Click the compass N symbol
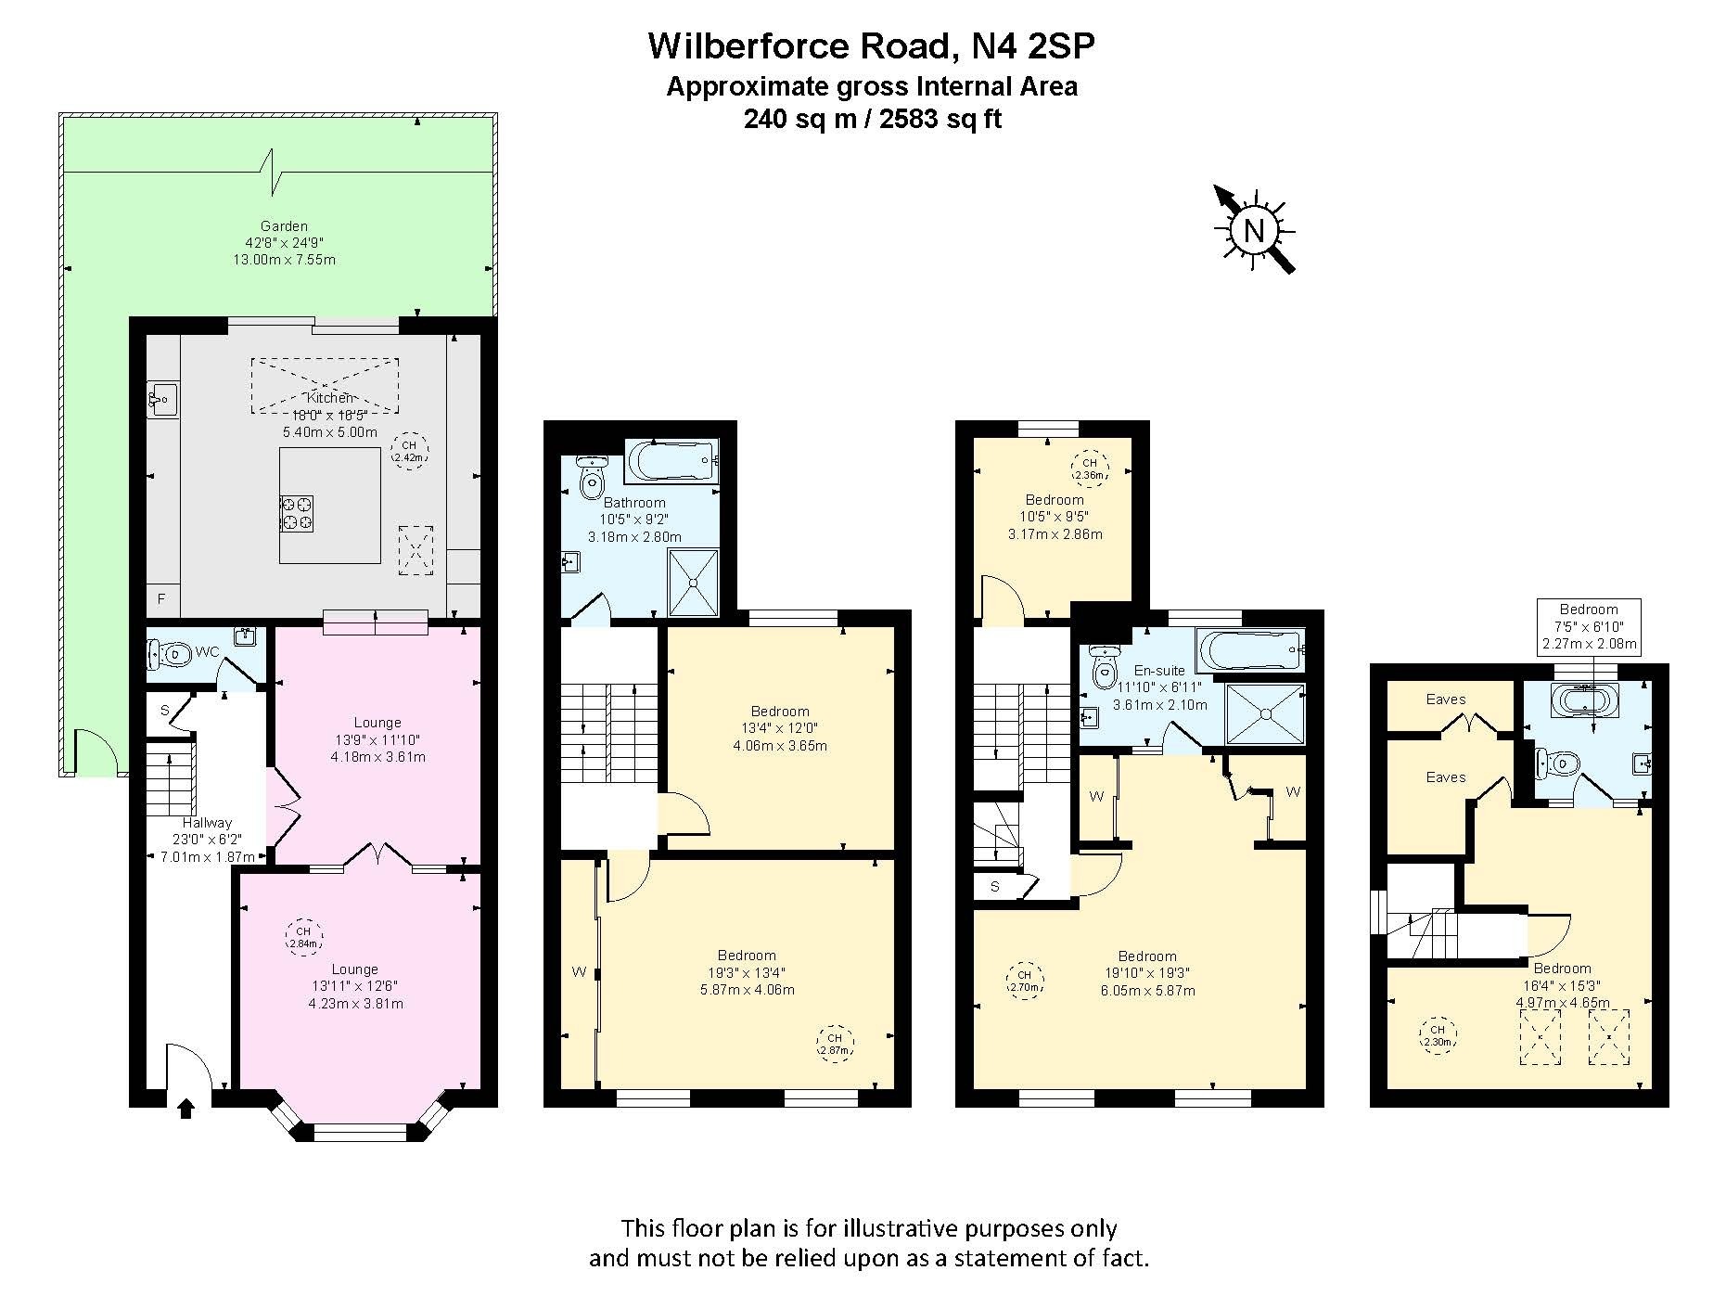1254,230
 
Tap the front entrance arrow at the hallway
185,1108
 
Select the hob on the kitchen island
297,513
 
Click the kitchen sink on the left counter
162,401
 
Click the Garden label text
284,225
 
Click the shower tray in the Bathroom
694,583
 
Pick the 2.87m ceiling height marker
835,1044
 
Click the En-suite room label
1159,671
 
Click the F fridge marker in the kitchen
161,599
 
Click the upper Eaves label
1446,699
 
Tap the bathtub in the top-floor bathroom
1587,698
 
